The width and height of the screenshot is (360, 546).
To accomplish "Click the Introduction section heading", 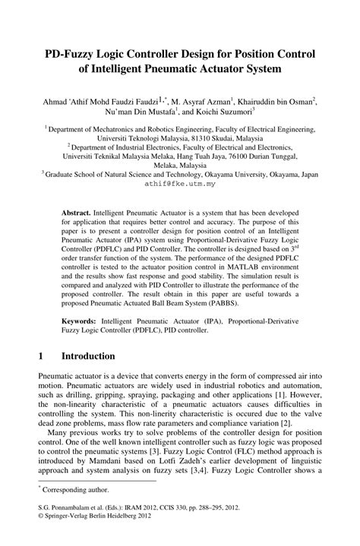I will pyautogui.click(x=88, y=356).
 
